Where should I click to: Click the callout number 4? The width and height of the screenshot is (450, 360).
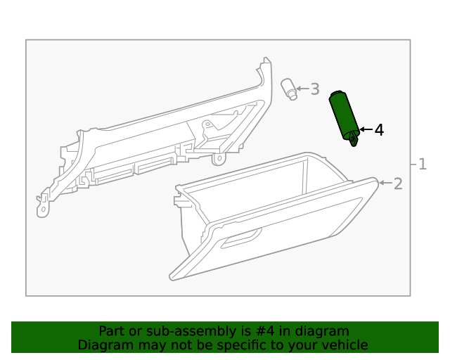click(379, 130)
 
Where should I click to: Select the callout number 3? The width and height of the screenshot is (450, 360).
click(315, 89)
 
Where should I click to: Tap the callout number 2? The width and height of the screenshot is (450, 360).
click(398, 184)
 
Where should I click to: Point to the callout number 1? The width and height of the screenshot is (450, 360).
click(423, 165)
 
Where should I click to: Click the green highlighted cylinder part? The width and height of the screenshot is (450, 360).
click(344, 117)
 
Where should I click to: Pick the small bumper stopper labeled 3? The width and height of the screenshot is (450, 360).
click(289, 89)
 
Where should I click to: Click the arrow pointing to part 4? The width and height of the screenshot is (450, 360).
click(366, 129)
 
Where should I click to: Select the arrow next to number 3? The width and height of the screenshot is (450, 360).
click(302, 89)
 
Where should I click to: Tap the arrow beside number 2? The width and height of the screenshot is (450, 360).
click(385, 183)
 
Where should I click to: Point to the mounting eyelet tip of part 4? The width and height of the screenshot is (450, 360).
click(354, 141)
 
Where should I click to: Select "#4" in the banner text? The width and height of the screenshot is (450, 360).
click(265, 331)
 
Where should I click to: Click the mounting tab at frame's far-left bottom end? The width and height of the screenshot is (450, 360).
click(43, 206)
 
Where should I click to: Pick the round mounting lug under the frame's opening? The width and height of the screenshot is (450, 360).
click(219, 159)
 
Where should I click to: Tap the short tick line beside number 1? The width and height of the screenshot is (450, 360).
click(413, 165)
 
